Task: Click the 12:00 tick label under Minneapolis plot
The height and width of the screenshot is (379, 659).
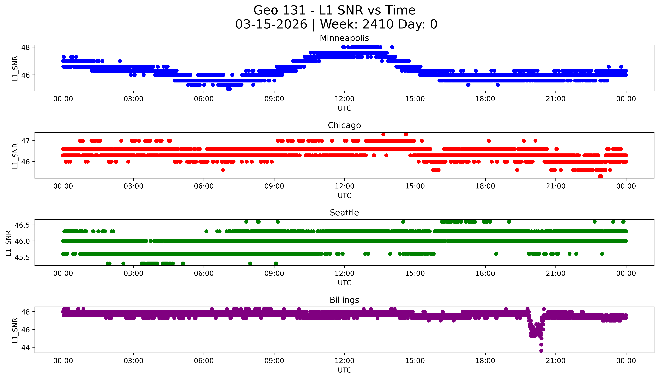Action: tap(344, 99)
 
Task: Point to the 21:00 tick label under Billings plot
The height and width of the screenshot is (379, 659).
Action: tap(555, 361)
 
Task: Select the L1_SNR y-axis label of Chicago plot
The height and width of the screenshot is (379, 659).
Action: tap(15, 156)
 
